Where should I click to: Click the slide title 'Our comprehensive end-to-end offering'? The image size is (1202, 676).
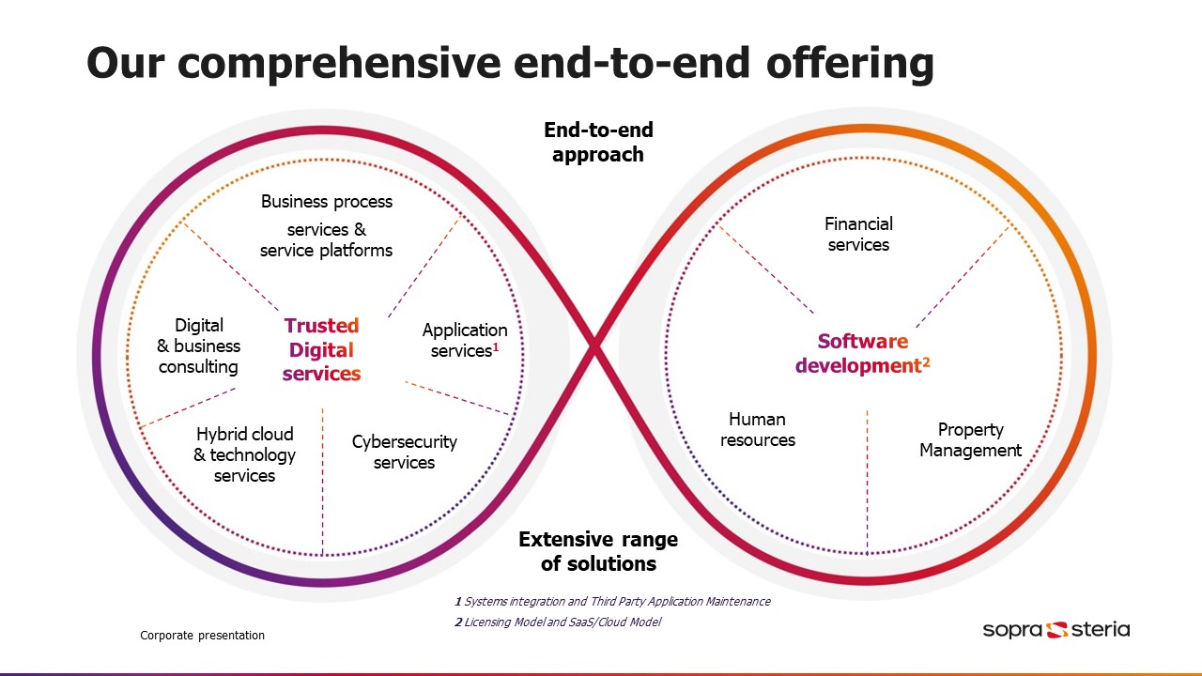pyautogui.click(x=510, y=64)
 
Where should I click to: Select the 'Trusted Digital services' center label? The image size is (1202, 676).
pyautogui.click(x=321, y=349)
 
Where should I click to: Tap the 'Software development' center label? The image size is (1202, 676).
pyautogui.click(x=862, y=354)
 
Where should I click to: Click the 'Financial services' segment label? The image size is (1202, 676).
pyautogui.click(x=858, y=235)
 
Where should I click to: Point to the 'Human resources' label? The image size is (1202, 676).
pyautogui.click(x=757, y=429)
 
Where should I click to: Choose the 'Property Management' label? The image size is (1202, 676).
pyautogui.click(x=970, y=439)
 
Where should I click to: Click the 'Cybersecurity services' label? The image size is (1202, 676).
pyautogui.click(x=404, y=452)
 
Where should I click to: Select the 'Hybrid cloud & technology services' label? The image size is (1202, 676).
pyautogui.click(x=244, y=454)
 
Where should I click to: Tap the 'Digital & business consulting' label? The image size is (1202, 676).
pyautogui.click(x=198, y=346)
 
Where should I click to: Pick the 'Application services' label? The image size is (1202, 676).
pyautogui.click(x=464, y=340)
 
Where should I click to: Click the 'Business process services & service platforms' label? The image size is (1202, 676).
pyautogui.click(x=327, y=226)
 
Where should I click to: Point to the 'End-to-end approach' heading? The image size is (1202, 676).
pyautogui.click(x=598, y=142)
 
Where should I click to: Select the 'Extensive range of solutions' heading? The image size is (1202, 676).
pyautogui.click(x=598, y=551)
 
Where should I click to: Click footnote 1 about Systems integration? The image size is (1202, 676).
pyautogui.click(x=612, y=601)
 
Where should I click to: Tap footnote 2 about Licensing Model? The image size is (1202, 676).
pyautogui.click(x=558, y=622)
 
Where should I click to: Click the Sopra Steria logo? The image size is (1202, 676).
pyautogui.click(x=1056, y=629)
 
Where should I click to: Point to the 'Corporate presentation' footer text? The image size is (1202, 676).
pyautogui.click(x=202, y=636)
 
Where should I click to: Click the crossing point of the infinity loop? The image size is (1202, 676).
pyautogui.click(x=593, y=349)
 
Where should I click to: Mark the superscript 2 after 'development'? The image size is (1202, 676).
pyautogui.click(x=926, y=361)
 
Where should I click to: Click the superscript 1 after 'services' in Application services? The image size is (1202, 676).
pyautogui.click(x=496, y=346)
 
